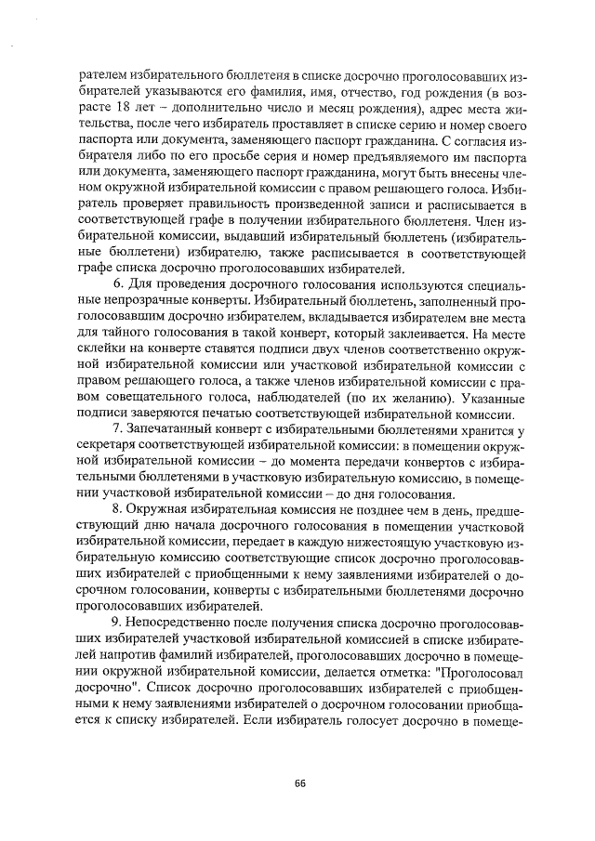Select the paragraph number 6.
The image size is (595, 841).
(116, 282)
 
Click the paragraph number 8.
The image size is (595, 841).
(116, 509)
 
